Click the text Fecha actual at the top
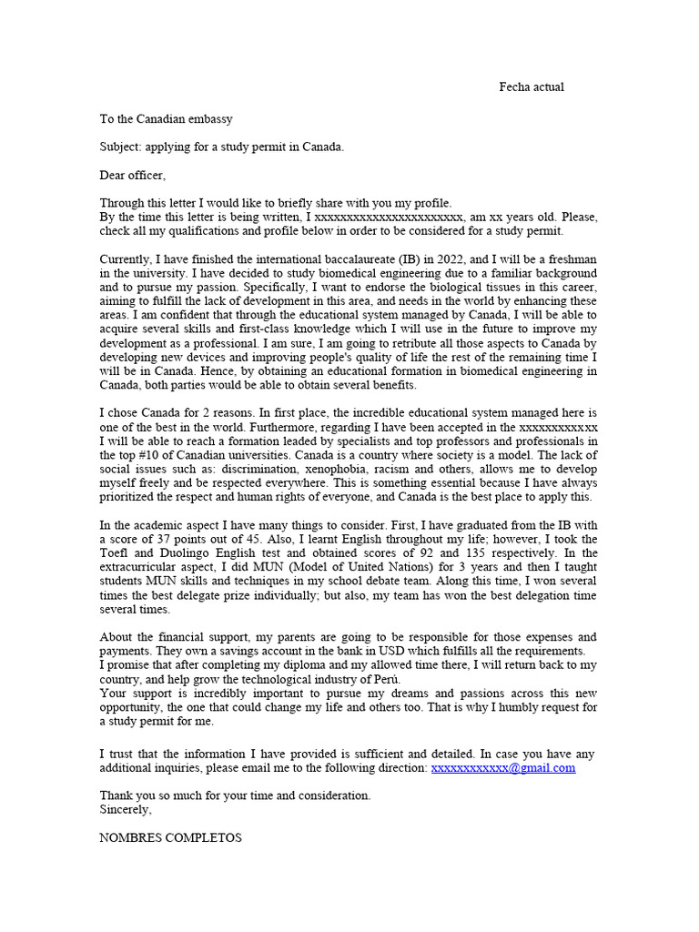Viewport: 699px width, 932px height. click(532, 87)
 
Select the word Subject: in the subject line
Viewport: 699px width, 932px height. click(122, 147)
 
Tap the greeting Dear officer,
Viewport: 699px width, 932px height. click(133, 175)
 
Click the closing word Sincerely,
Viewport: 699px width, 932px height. click(126, 808)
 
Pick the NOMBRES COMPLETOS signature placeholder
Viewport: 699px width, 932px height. click(170, 837)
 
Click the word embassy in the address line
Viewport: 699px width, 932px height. click(209, 118)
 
